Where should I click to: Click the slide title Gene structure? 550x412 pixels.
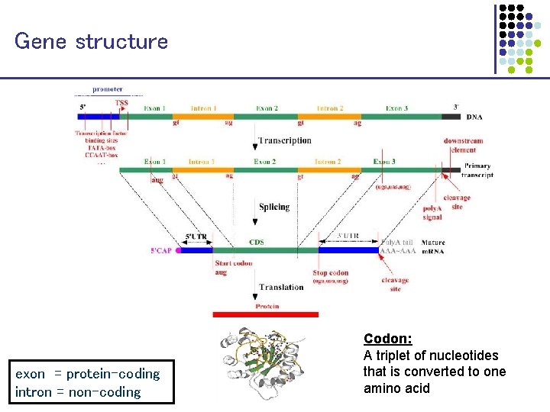point(91,41)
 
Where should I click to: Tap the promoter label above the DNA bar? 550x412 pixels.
point(108,90)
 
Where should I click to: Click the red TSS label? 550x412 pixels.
point(121,103)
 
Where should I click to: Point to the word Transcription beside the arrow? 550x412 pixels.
point(285,140)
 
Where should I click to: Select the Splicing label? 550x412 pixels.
point(274,207)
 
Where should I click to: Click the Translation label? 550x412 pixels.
point(282,288)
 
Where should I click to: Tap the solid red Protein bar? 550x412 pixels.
point(265,314)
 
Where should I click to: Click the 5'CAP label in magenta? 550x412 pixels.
point(160,249)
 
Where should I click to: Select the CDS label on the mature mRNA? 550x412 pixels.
point(257,243)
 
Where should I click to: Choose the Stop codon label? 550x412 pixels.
point(330,272)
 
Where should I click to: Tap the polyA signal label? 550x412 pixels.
point(432,212)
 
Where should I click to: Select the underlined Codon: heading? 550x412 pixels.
point(388,338)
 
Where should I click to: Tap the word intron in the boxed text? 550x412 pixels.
point(33,392)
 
